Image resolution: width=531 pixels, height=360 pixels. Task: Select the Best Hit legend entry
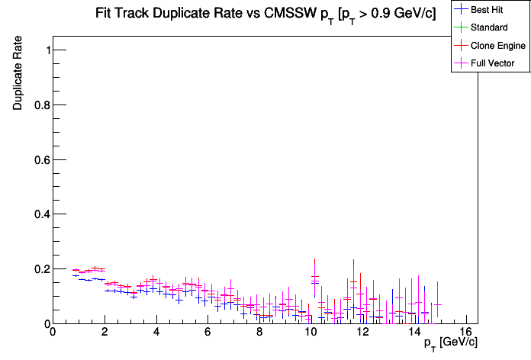tap(488, 10)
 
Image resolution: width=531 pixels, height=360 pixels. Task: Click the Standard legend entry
tap(488, 27)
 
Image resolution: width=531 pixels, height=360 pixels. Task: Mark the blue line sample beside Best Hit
tap(461, 10)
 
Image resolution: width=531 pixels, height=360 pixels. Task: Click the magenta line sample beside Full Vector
tap(461, 63)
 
